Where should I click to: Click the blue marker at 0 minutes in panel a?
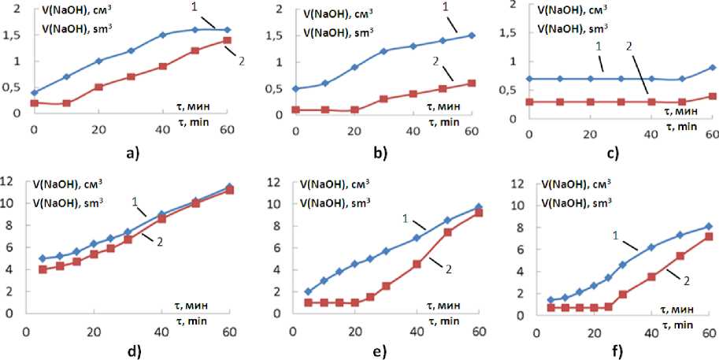tap(34, 92)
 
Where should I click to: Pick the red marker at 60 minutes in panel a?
tap(227, 40)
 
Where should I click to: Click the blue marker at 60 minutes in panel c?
tap(713, 68)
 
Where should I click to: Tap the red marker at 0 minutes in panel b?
tap(295, 109)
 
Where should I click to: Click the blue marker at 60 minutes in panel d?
tap(229, 187)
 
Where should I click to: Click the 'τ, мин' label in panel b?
tap(445, 105)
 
